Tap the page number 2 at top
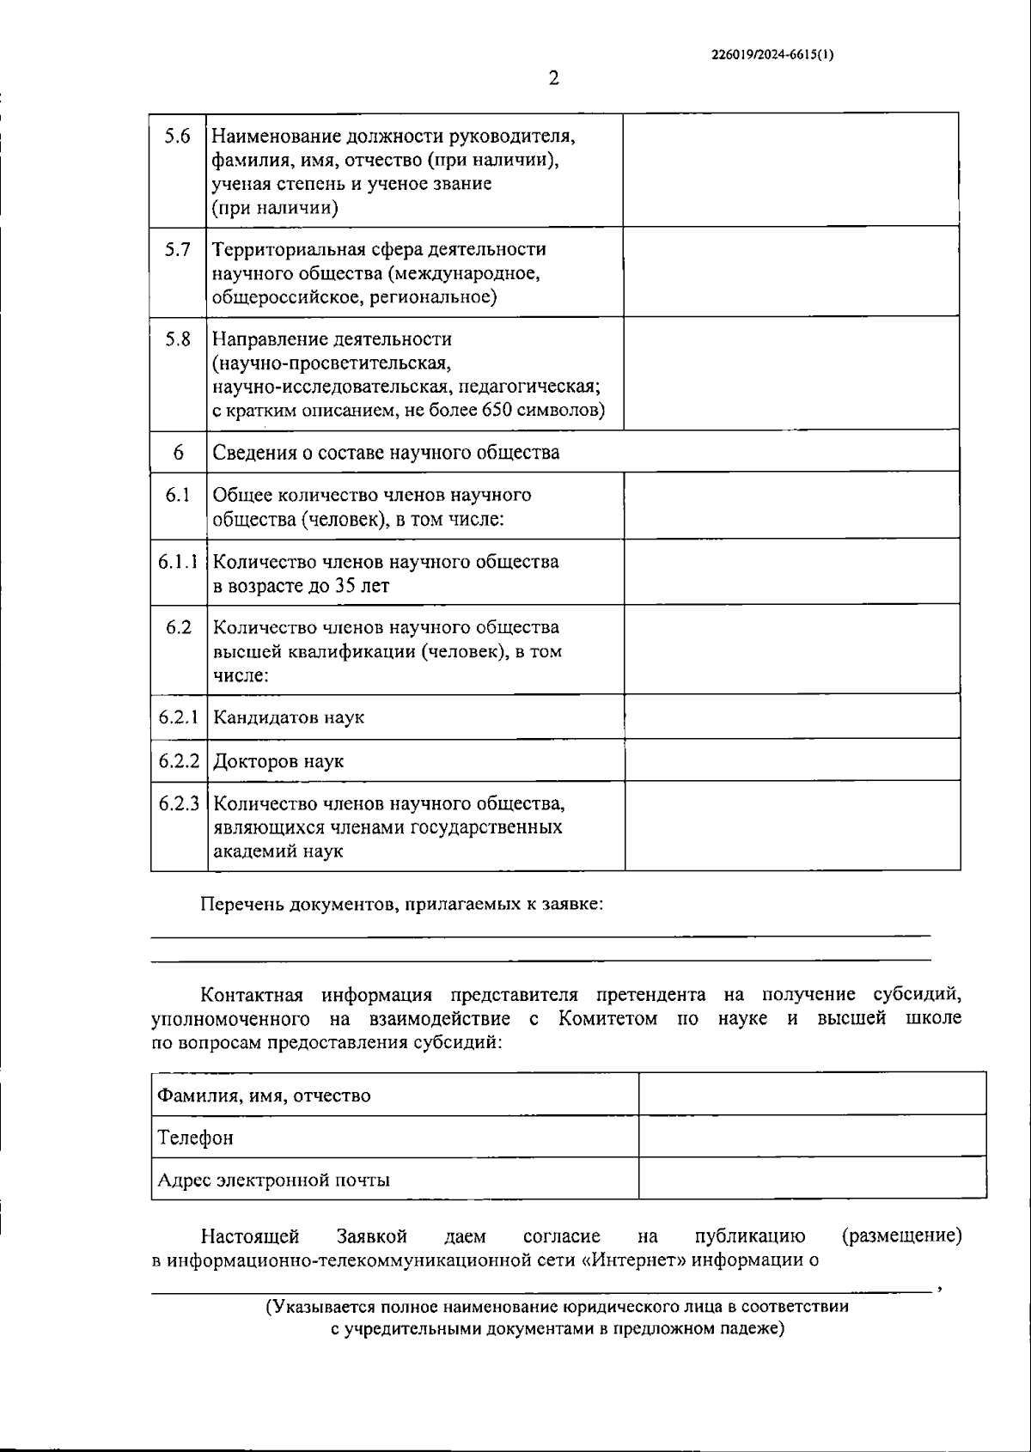(553, 78)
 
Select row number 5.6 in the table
(178, 136)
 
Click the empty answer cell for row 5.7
(790, 271)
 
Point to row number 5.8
(178, 339)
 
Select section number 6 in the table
(178, 452)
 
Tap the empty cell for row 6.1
(791, 505)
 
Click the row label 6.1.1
(178, 562)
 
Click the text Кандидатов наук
(289, 717)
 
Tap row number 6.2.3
(179, 804)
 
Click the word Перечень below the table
(243, 904)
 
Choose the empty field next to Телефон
(812, 1136)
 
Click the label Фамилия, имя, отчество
(264, 1095)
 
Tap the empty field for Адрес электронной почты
(812, 1178)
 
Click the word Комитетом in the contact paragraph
(607, 1018)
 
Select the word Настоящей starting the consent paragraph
(250, 1236)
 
